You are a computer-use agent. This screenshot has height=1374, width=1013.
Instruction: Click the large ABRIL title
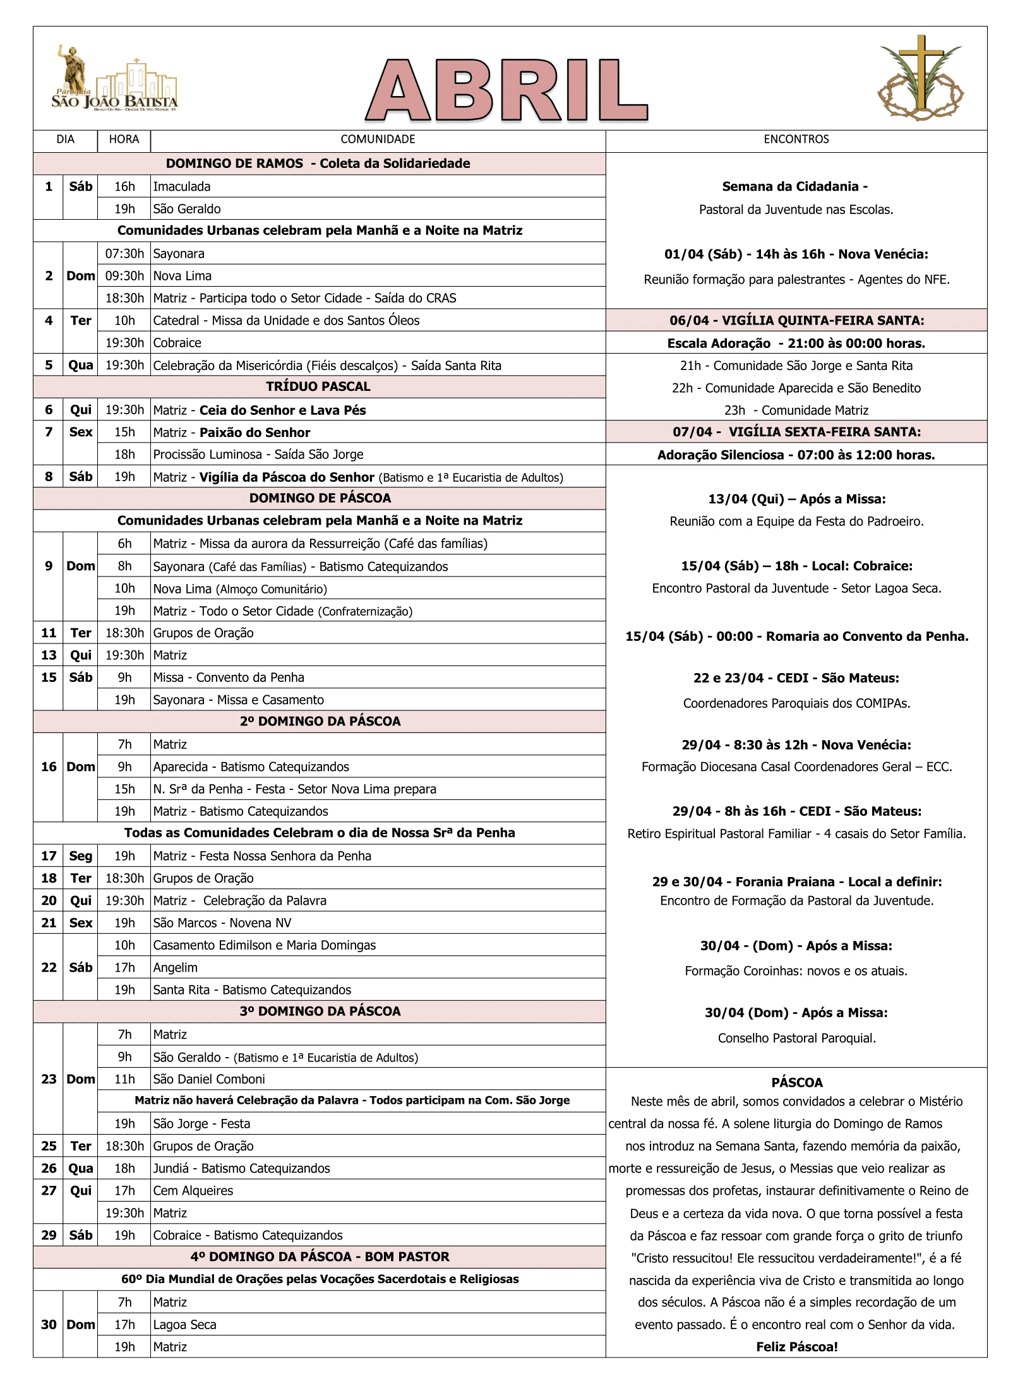(x=506, y=90)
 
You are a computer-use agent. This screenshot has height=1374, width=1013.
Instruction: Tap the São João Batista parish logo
(x=114, y=80)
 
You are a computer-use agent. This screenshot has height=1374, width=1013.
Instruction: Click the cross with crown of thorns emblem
(x=920, y=78)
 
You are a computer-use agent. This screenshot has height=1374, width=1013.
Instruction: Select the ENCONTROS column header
(x=796, y=140)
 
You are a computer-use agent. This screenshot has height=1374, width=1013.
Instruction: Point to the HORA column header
(x=124, y=140)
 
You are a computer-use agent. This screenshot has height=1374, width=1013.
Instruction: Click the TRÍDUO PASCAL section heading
(x=318, y=386)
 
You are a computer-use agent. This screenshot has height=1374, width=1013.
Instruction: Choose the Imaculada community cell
(x=182, y=187)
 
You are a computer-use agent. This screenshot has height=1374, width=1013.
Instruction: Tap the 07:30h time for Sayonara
(x=124, y=254)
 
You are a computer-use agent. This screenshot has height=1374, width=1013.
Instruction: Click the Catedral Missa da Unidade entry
(x=286, y=321)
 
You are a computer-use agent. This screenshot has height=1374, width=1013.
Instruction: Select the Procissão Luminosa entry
(x=258, y=455)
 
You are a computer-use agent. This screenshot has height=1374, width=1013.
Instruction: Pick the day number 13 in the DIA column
(x=49, y=655)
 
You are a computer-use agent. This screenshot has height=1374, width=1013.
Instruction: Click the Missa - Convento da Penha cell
(x=229, y=678)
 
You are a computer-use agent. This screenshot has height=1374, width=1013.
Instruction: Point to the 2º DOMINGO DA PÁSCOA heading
(x=320, y=721)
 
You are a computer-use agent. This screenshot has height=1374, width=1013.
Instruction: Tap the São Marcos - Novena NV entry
(x=222, y=923)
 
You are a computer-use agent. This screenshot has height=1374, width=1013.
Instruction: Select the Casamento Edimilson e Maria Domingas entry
(x=265, y=945)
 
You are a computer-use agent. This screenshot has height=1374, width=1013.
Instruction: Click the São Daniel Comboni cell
(x=209, y=1079)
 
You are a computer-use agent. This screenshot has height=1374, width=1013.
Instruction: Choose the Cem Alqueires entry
(x=193, y=1191)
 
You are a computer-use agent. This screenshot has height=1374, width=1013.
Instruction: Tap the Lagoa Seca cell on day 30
(x=185, y=1325)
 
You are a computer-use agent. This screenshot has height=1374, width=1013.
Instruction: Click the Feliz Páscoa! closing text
(x=796, y=1347)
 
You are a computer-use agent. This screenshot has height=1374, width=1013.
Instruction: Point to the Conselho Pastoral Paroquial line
(x=796, y=1038)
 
